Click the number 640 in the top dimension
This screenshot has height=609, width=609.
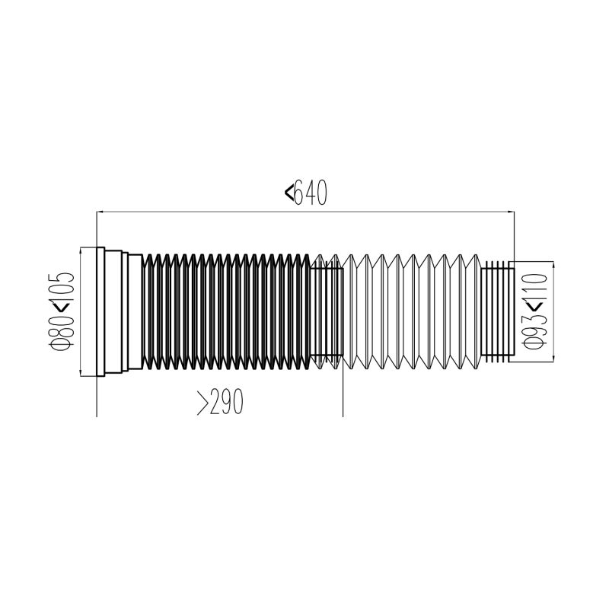pyautogui.click(x=311, y=193)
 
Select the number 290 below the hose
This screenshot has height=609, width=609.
pyautogui.click(x=226, y=402)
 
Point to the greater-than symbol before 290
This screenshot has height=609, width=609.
pyautogui.click(x=202, y=403)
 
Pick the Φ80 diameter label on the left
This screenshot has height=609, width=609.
pyautogui.click(x=62, y=331)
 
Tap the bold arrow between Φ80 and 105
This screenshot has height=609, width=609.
pyautogui.click(x=62, y=308)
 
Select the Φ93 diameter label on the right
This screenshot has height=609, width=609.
pyautogui.click(x=536, y=331)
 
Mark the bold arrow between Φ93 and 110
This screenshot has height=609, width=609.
pyautogui.click(x=537, y=308)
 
